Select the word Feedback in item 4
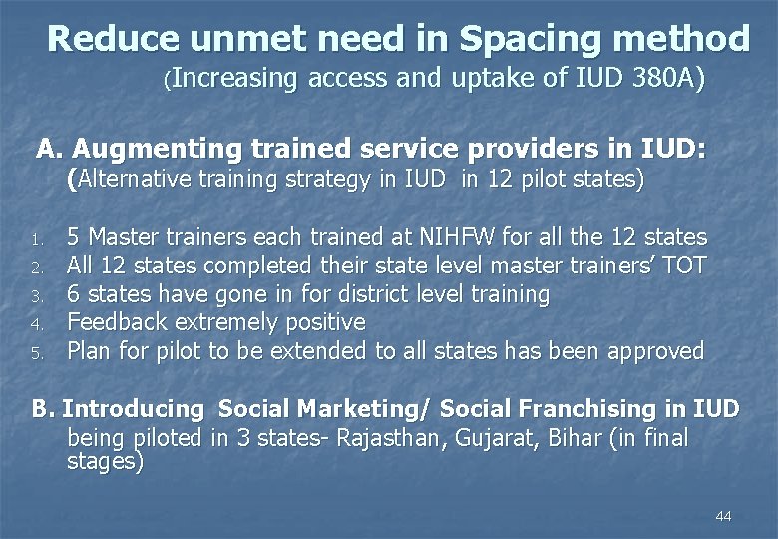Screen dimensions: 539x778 point(114,322)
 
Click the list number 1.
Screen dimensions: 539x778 point(34,239)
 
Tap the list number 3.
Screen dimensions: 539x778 point(34,296)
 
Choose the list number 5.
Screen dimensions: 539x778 point(34,353)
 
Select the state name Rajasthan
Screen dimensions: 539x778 point(382,437)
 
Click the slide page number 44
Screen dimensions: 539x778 point(723,516)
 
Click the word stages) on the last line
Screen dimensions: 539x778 point(105,462)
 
